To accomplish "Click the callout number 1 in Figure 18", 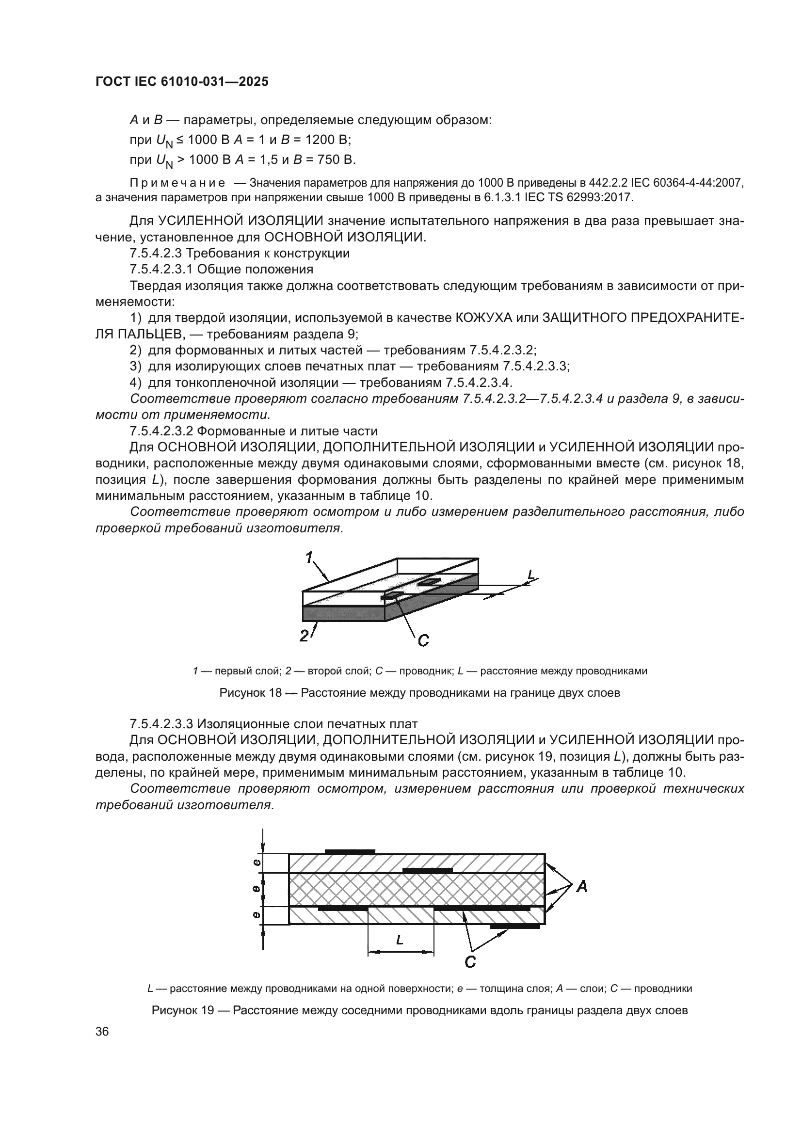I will pos(310,558).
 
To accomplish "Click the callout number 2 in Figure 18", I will pos(305,636).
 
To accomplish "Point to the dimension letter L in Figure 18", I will pos(531,575).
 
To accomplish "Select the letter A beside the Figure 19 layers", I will pos(582,887).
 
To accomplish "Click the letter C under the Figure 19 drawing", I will pos(470,962).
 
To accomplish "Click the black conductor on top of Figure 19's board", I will pos(350,851).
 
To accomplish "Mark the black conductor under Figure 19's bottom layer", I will pos(514,926).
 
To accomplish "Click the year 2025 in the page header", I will pos(254,82).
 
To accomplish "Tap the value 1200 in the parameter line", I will pos(320,140).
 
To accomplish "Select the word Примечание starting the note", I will pos(177,183).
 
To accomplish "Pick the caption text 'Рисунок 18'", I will pos(250,693).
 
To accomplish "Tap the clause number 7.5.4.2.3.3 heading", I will pos(161,724).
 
